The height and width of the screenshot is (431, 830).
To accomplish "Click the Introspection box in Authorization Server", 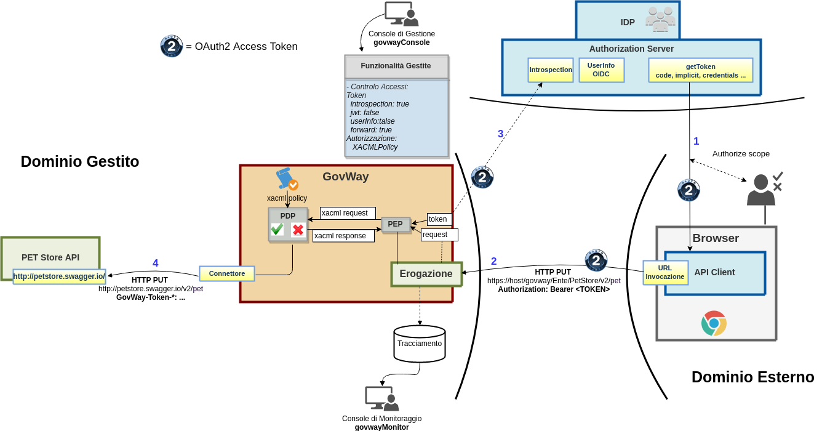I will [551, 70].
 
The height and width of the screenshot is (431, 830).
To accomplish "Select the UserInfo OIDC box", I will [601, 70].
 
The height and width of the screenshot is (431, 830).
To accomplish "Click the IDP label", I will [628, 22].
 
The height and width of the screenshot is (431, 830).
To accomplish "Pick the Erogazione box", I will [426, 274].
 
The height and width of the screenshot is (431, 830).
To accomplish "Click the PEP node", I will [396, 224].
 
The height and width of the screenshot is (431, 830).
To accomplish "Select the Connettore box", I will [226, 273].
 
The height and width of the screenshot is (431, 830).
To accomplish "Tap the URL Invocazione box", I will [665, 273].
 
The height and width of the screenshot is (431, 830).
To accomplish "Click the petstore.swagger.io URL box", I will [59, 276].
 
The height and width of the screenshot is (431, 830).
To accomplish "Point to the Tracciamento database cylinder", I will [420, 343].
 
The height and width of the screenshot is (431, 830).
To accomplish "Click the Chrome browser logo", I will [714, 323].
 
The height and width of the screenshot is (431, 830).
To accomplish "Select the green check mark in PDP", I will [277, 230].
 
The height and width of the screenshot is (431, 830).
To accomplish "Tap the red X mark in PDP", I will [298, 230].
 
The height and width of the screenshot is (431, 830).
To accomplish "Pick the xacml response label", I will [343, 236].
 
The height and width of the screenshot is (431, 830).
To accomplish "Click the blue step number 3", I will [500, 134].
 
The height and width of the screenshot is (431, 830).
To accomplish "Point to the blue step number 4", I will [155, 263].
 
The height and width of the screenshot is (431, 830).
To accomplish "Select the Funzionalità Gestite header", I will [396, 66].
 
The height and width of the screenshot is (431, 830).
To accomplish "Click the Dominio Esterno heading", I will [752, 377].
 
